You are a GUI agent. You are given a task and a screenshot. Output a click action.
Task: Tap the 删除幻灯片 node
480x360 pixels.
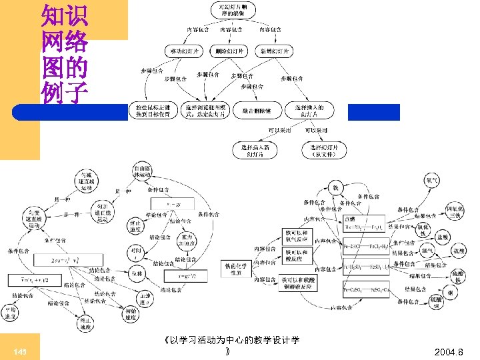pyautogui.click(x=230, y=51)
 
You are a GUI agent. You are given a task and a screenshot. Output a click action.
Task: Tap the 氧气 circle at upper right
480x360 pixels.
pyautogui.click(x=432, y=181)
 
